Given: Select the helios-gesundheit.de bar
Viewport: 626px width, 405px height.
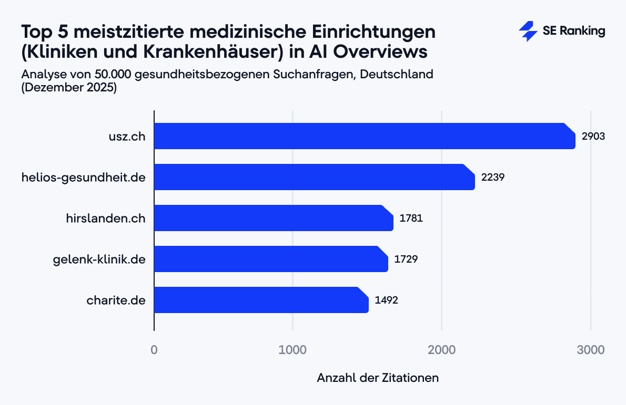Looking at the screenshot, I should point(314,177).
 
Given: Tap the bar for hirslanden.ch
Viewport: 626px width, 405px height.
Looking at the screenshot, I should point(274,218).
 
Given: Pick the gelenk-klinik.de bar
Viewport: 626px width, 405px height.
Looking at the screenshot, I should point(271,259).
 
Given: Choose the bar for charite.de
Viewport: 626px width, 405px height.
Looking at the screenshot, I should point(261,300).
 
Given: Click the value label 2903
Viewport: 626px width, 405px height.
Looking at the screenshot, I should point(593,136).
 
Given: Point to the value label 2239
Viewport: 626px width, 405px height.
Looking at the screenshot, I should point(493,177).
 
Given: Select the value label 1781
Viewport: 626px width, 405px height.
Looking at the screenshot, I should point(411,218).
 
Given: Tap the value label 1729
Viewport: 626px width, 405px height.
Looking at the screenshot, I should point(406,259).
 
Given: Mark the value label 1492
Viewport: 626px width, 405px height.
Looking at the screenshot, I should point(386,300).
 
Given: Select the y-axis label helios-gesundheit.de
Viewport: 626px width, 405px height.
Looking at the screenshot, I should point(83,177).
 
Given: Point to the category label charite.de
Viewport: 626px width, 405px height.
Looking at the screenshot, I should point(116,300).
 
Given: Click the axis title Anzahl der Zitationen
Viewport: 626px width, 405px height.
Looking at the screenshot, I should point(378,378).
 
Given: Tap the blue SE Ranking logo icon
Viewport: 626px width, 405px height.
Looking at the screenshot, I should point(528,32).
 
